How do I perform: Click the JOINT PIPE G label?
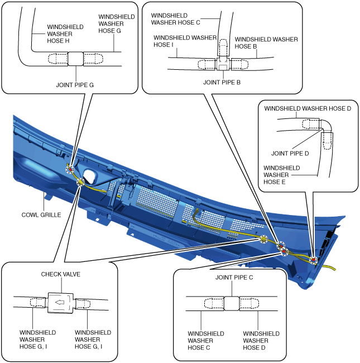coord(75,85)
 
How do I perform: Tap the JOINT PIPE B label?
coord(222,82)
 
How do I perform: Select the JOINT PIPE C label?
coord(234,278)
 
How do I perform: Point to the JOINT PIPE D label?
coord(290,153)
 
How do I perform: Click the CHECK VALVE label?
coord(61,274)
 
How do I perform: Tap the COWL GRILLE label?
coord(41,215)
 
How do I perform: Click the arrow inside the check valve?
coord(60,302)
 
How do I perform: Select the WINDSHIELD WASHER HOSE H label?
coord(65,34)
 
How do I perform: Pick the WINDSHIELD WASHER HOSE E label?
coord(281,175)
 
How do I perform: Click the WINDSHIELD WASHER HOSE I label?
coord(185,41)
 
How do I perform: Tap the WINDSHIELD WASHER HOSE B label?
coord(266,43)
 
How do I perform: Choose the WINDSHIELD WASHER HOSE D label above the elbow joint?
coord(308,108)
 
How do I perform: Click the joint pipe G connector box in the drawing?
coord(76,59)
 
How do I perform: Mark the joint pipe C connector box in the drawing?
coord(232,303)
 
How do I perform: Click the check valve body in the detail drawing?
coord(60,303)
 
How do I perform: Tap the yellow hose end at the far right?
coord(334,269)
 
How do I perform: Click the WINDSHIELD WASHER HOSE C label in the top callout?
coord(175,19)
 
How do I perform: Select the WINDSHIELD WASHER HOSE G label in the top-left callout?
coord(117,23)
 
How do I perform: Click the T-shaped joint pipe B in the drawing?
coord(223,63)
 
